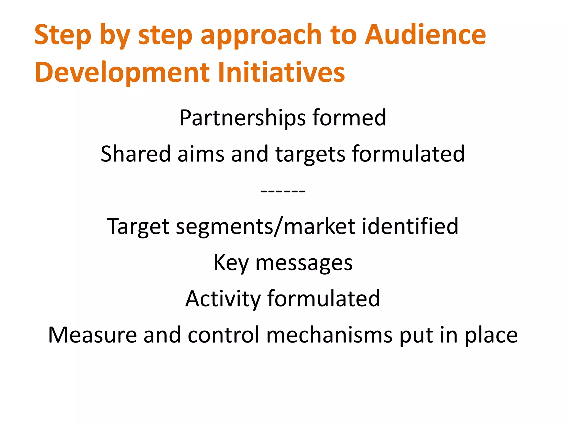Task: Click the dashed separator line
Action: [x=283, y=191]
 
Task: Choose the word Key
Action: [x=231, y=263]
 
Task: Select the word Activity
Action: [x=223, y=299]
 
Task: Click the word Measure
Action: [x=92, y=335]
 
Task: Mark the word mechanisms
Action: [x=329, y=335]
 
